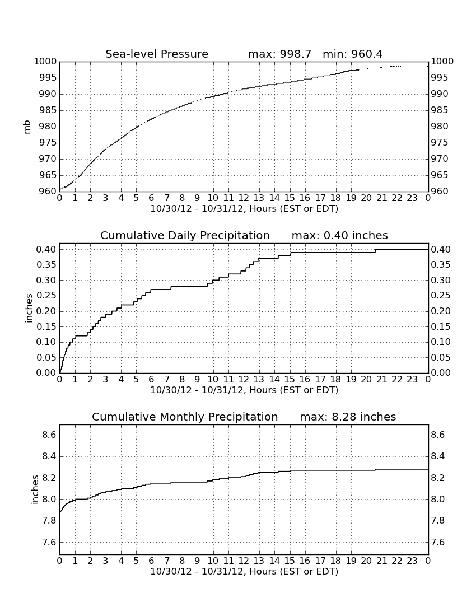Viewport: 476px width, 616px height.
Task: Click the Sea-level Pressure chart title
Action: (157, 54)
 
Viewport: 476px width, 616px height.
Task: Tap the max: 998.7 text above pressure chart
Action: (279, 54)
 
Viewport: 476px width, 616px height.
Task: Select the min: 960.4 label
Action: (352, 54)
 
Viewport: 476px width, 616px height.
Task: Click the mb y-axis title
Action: (27, 127)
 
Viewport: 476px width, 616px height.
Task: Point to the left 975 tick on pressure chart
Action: (47, 143)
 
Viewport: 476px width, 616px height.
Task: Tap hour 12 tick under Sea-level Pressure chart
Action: (244, 198)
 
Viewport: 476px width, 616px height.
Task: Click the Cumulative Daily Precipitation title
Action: (185, 235)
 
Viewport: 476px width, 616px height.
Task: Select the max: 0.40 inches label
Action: (340, 235)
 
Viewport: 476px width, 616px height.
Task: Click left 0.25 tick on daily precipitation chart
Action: (46, 296)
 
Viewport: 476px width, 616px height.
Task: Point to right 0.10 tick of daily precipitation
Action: (441, 342)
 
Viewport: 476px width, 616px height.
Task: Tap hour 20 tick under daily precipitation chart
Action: (366, 380)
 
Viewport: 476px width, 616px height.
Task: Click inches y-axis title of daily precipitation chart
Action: (29, 309)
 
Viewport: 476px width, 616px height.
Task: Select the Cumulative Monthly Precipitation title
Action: (185, 417)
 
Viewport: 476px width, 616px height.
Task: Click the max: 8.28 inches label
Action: (348, 417)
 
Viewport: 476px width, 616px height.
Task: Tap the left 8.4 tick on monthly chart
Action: (50, 456)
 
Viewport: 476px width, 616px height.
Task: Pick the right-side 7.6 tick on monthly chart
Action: (437, 543)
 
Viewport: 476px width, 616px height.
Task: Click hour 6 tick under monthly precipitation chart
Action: (152, 561)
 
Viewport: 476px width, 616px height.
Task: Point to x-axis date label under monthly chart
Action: (244, 572)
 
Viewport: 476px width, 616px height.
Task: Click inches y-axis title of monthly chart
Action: (35, 490)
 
